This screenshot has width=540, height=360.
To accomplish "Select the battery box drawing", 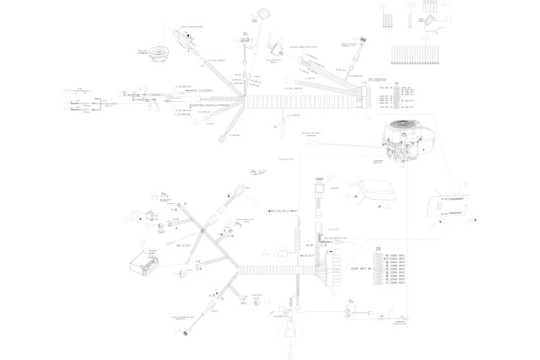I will click(x=144, y=261).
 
